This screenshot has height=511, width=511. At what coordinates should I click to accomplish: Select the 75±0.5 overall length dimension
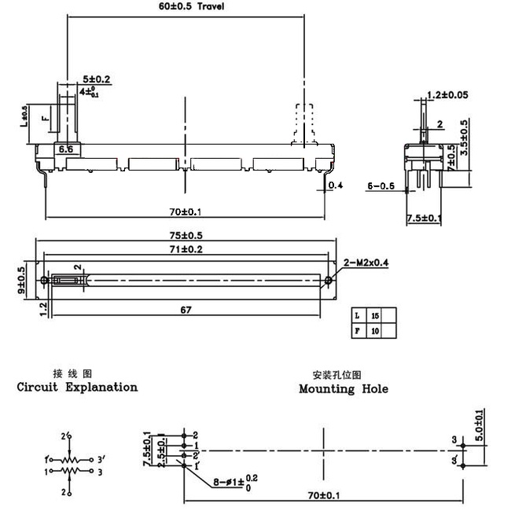185,234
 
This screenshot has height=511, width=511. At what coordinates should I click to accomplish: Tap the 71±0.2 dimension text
185,248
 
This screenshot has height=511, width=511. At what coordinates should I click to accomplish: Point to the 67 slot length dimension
186,310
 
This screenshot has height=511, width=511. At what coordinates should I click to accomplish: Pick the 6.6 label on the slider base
65,149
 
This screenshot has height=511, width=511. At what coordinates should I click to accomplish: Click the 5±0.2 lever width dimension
97,79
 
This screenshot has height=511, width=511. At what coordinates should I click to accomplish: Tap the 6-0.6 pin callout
381,186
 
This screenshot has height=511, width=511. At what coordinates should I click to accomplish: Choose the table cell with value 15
374,315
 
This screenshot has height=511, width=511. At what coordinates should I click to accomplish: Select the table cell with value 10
374,332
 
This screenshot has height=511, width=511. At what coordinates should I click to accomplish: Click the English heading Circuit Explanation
77,387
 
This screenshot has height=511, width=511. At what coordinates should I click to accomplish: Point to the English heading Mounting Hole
344,388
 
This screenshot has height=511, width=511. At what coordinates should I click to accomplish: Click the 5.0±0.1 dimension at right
480,425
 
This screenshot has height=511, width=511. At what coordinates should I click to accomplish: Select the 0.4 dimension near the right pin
336,186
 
